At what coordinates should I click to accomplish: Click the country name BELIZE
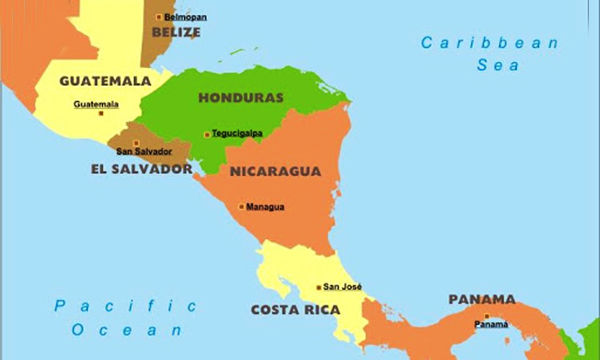click(176, 32)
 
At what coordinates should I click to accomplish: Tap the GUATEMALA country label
click(105, 80)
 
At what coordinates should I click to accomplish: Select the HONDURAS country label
click(241, 98)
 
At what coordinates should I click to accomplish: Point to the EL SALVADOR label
click(140, 169)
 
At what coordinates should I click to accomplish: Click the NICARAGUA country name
click(275, 171)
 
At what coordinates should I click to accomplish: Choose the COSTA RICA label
click(295, 310)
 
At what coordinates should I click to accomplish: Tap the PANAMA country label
click(482, 299)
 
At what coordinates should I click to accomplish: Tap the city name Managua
click(265, 207)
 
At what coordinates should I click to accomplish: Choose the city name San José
click(342, 287)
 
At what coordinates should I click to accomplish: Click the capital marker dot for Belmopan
click(158, 17)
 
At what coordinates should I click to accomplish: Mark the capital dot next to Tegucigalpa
click(207, 134)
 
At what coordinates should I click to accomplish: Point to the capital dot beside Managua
click(241, 207)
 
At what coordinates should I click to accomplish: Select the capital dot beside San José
click(319, 287)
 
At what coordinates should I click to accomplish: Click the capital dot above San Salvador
click(136, 142)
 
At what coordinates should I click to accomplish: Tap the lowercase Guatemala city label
click(96, 104)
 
